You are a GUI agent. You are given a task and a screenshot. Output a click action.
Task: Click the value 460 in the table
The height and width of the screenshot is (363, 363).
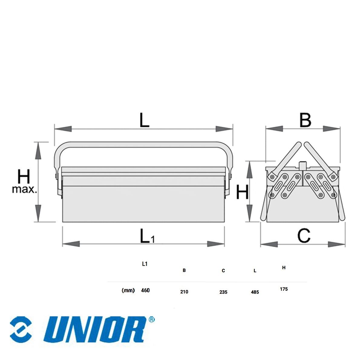coord(145,290)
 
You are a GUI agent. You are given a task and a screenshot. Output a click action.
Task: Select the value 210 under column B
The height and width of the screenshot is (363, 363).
coord(184,292)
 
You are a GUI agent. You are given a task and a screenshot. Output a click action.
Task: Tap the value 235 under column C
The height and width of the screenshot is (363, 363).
coord(223,292)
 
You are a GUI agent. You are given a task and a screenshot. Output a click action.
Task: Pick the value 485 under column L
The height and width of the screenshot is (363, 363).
coord(255,292)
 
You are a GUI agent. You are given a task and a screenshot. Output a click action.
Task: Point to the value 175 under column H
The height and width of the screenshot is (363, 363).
coord(284,289)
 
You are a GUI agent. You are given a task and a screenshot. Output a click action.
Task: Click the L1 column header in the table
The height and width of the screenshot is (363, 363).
coord(145,264)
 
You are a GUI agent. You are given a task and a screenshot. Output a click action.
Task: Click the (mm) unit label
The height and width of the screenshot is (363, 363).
coord(128,290)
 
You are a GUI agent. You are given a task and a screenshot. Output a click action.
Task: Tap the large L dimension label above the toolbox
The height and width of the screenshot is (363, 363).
coord(144,120)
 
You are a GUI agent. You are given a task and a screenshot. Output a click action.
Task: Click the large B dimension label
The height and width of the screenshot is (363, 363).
coord(305,120)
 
